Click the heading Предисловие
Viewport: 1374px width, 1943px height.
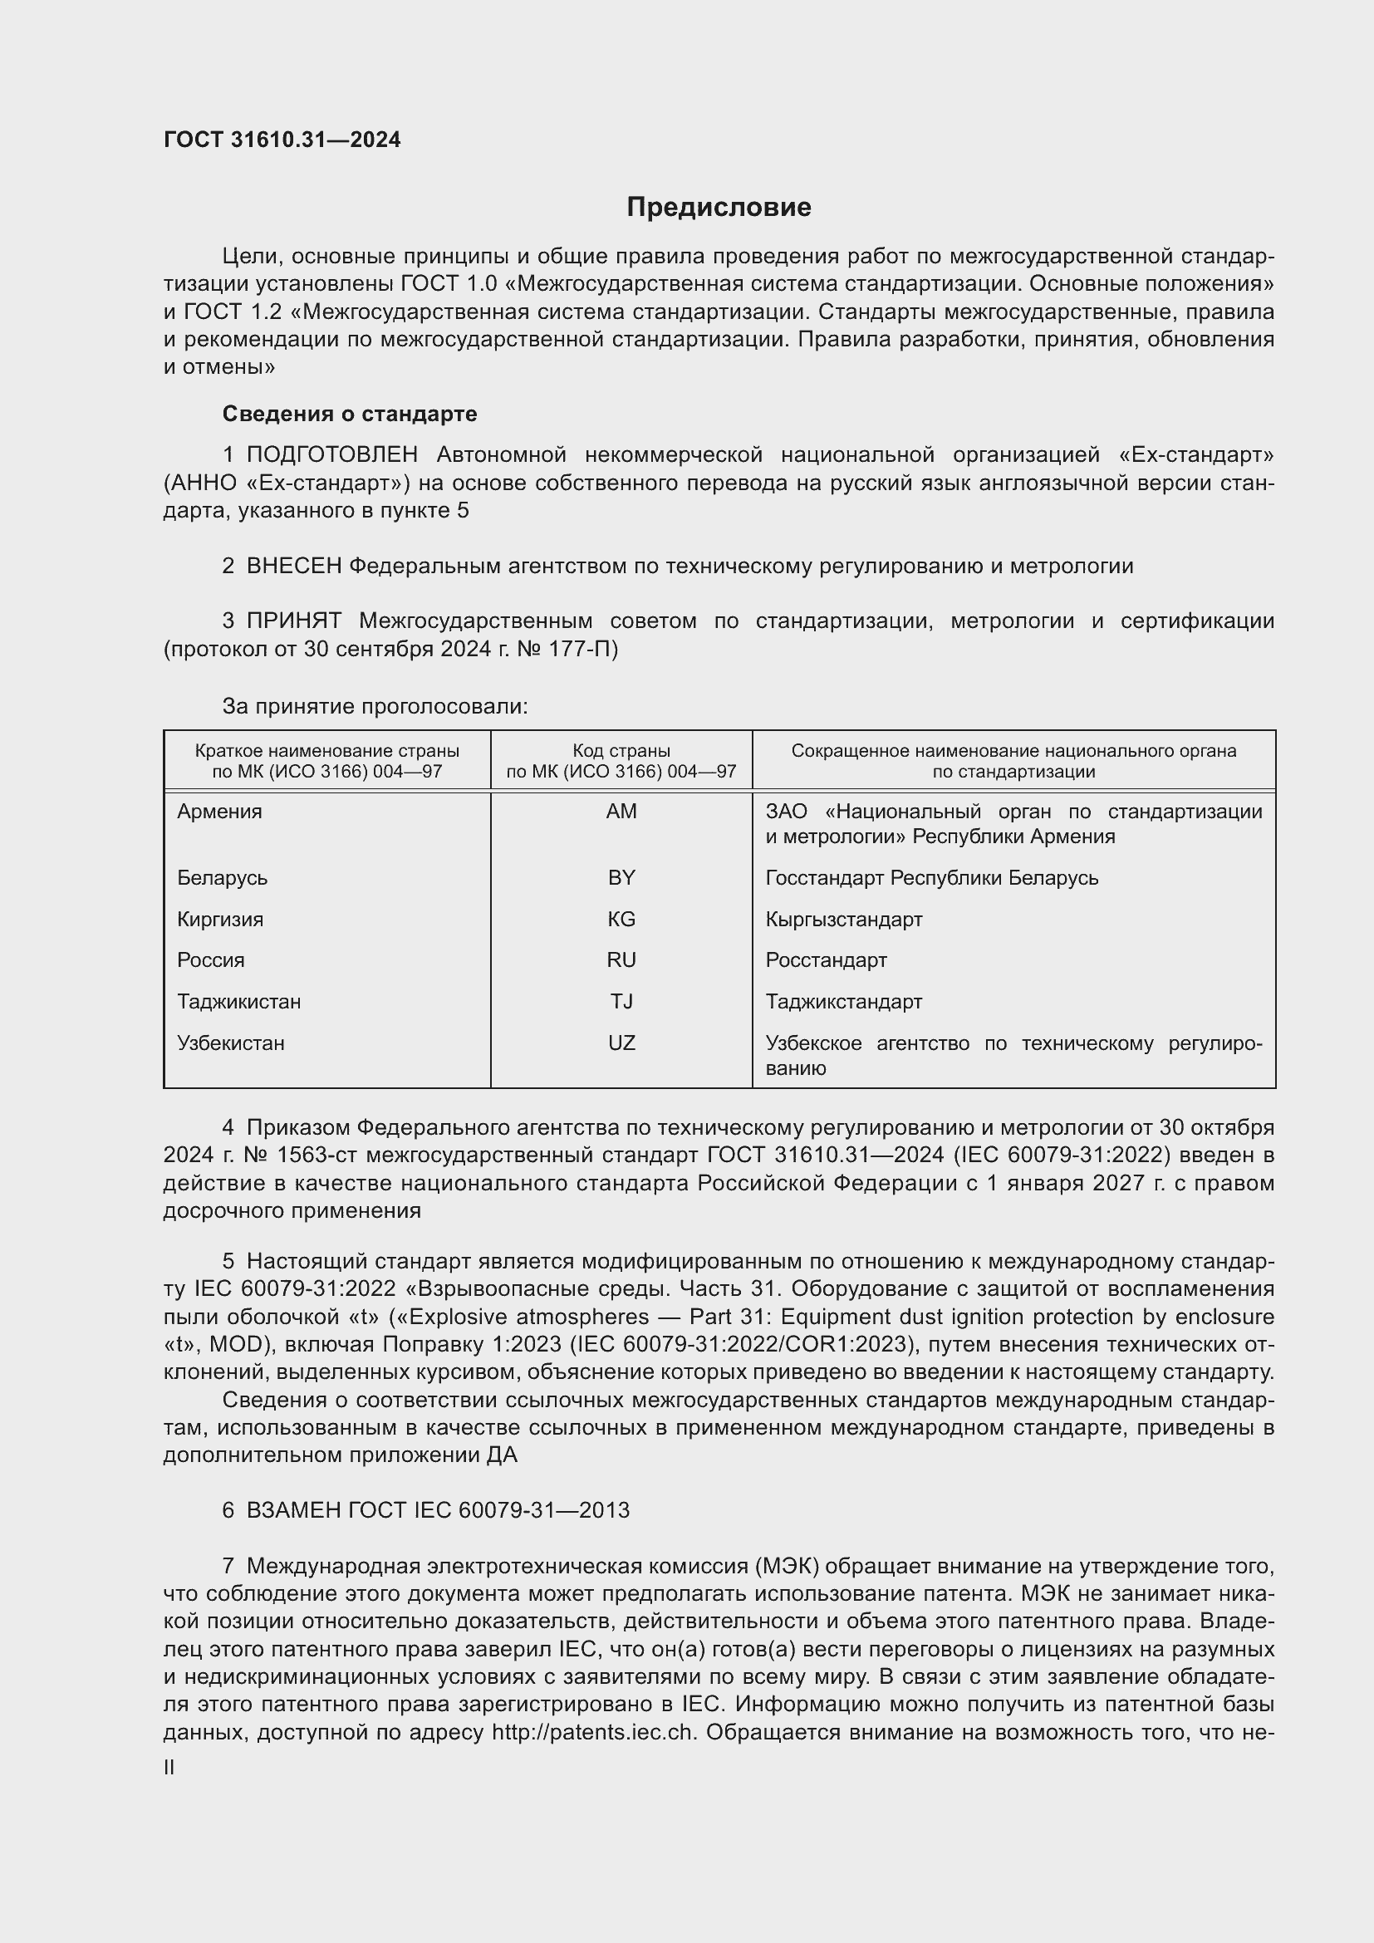pyautogui.click(x=719, y=208)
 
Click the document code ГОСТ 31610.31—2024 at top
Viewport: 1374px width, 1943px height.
pyautogui.click(x=282, y=140)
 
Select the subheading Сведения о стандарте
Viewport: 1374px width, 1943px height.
pyautogui.click(x=350, y=414)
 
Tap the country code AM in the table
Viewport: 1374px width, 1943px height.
pyautogui.click(x=621, y=812)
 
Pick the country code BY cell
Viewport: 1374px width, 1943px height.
pyautogui.click(x=621, y=877)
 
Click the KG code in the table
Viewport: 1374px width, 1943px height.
pyautogui.click(x=621, y=919)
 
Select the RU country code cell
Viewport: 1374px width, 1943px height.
pyautogui.click(x=621, y=959)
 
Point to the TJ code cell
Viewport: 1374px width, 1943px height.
pyautogui.click(x=621, y=1001)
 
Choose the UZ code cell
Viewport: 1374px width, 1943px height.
pyautogui.click(x=621, y=1043)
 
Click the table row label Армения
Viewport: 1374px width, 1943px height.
pyautogui.click(x=220, y=812)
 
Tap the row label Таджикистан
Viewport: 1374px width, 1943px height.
pyautogui.click(x=238, y=1001)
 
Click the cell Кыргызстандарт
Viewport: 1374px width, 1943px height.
pyautogui.click(x=843, y=919)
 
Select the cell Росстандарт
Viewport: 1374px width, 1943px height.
pyautogui.click(x=826, y=959)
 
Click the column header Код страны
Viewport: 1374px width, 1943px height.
pyautogui.click(x=621, y=751)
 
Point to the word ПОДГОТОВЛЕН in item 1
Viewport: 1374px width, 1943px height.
pyautogui.click(x=331, y=455)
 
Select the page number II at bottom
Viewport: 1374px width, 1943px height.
pyautogui.click(x=169, y=1768)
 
